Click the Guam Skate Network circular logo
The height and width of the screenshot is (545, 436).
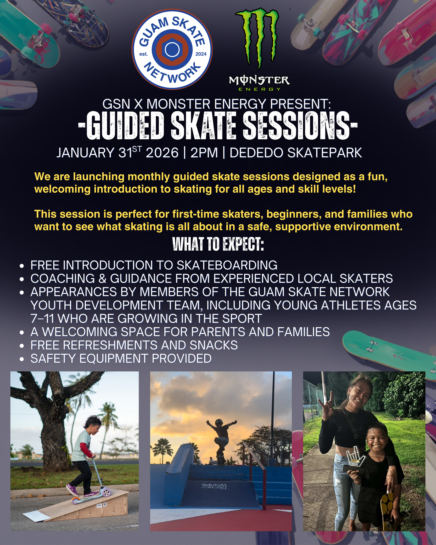coord(172,49)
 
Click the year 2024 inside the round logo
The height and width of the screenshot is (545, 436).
coord(201,54)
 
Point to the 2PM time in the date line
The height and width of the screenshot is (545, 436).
coord(204,153)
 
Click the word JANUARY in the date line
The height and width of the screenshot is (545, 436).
coord(85,153)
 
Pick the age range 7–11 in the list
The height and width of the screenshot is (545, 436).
coord(42,318)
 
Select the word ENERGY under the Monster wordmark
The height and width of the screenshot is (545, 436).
coord(260,89)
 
